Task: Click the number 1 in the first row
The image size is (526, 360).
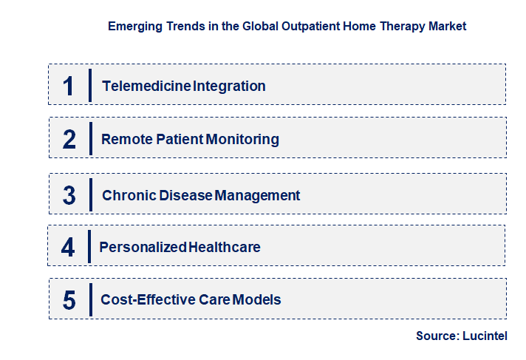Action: click(x=69, y=86)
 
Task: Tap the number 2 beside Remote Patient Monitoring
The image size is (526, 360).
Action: click(x=69, y=139)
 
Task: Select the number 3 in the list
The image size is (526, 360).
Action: click(x=69, y=196)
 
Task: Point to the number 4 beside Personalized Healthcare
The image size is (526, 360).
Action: click(x=68, y=247)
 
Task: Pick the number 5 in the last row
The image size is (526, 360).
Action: click(x=69, y=300)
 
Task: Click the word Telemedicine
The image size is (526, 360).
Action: click(x=147, y=86)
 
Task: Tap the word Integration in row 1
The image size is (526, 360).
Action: click(x=229, y=86)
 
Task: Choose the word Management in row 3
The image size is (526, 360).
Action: click(x=258, y=196)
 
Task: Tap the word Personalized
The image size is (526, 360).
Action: click(x=143, y=247)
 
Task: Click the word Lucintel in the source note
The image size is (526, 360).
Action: click(x=487, y=336)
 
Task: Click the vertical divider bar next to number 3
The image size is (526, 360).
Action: click(x=90, y=194)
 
